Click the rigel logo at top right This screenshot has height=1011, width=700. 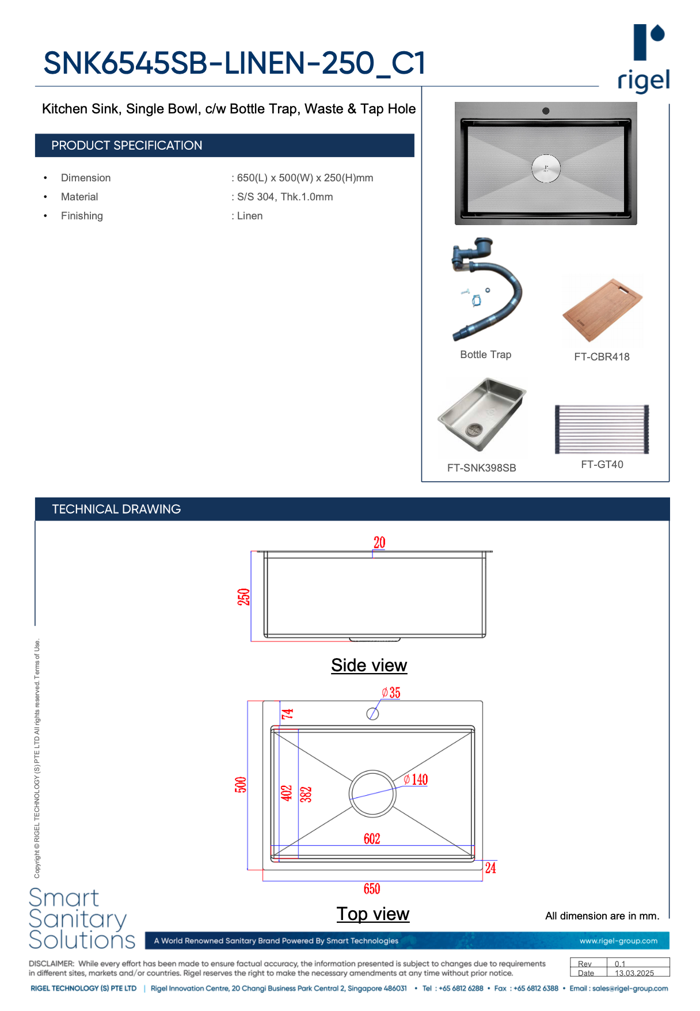[x=644, y=58]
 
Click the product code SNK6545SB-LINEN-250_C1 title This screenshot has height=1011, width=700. [x=234, y=63]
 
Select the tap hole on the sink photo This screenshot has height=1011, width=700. [x=546, y=111]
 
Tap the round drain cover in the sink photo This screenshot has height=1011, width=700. [x=546, y=169]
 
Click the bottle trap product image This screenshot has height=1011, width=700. [x=486, y=290]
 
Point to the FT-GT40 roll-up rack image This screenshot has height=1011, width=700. [x=602, y=429]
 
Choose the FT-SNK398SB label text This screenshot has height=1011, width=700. [x=482, y=468]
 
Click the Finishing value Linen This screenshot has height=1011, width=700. [x=250, y=216]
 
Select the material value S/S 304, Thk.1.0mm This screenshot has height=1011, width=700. [x=285, y=197]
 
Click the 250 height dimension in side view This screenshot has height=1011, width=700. [x=244, y=597]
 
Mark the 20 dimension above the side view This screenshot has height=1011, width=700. [x=379, y=543]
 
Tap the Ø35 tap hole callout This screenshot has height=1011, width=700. [x=391, y=693]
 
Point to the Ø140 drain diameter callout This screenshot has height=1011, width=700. [x=416, y=780]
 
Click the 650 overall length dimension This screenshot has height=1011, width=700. [x=372, y=889]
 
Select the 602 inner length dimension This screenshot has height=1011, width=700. [x=372, y=839]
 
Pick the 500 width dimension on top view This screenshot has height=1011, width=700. [x=241, y=785]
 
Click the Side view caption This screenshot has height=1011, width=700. [x=369, y=666]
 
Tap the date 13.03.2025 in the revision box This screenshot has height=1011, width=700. [x=634, y=973]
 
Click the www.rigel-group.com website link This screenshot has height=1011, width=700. [x=618, y=941]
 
